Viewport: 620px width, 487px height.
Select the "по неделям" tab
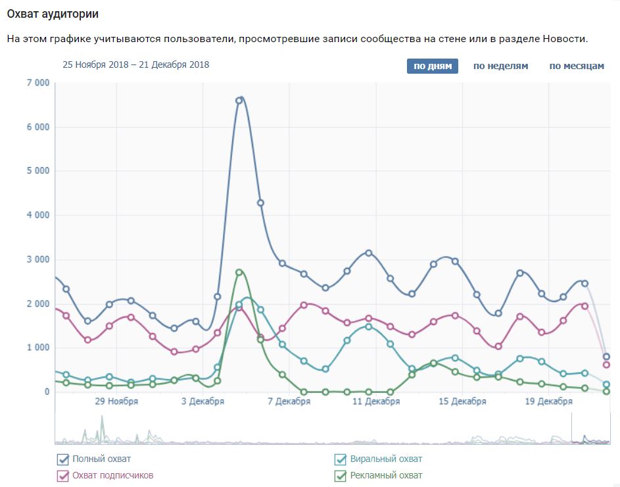[500, 66]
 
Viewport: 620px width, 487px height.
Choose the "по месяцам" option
[577, 66]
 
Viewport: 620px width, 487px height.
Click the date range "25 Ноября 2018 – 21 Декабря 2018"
[135, 64]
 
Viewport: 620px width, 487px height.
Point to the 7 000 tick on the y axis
[38, 83]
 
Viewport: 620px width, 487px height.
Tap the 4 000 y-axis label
[38, 215]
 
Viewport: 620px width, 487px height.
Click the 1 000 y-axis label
[38, 347]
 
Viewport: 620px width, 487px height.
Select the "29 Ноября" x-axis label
[116, 401]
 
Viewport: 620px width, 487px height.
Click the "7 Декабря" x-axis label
[289, 401]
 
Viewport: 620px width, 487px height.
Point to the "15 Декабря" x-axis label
[462, 401]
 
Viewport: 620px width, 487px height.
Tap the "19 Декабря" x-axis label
[549, 401]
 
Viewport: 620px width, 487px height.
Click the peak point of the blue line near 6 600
[239, 101]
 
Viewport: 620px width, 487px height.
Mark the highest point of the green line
[239, 272]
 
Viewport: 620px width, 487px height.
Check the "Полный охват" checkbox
[63, 459]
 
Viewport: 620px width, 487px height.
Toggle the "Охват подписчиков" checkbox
[63, 476]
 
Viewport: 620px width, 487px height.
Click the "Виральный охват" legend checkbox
[341, 459]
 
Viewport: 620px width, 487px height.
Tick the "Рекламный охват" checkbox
[341, 476]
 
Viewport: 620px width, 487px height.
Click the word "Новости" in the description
[564, 39]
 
